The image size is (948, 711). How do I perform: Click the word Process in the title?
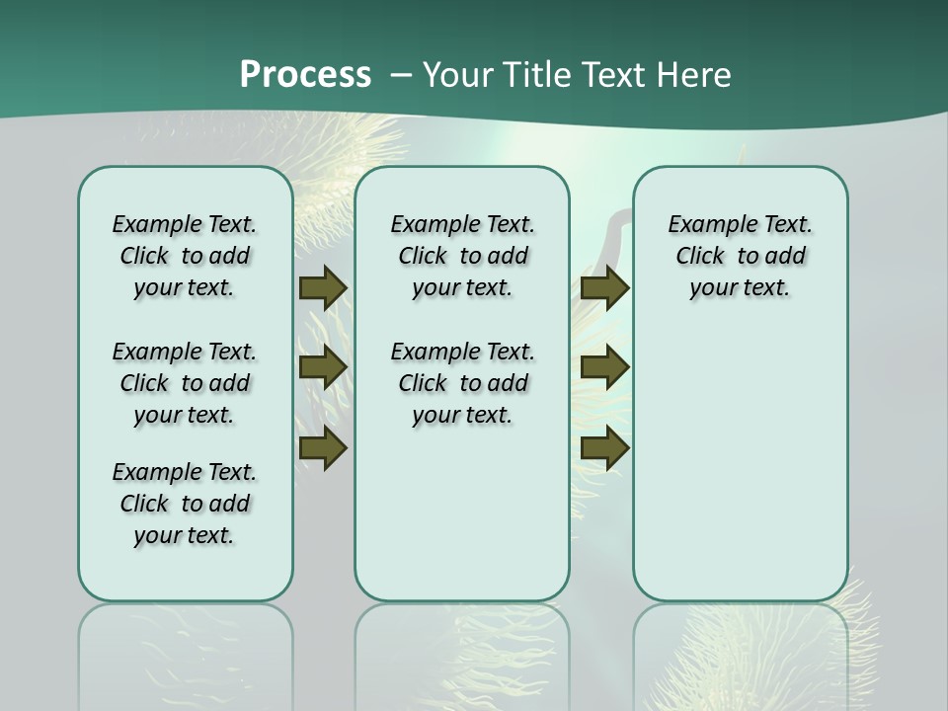[x=305, y=75]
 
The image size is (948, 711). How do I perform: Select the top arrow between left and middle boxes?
[x=322, y=288]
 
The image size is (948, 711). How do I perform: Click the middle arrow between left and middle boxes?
[x=322, y=367]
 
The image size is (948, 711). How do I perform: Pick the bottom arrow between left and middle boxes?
[x=322, y=448]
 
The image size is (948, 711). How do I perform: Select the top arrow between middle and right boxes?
[x=604, y=288]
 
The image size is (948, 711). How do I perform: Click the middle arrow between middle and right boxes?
[x=604, y=367]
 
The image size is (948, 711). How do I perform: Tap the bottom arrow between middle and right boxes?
[x=604, y=448]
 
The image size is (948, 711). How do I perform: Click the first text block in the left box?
[x=185, y=256]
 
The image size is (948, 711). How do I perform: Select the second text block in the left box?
[x=185, y=383]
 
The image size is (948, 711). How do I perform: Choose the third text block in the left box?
[x=185, y=504]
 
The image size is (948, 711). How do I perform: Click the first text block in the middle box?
[x=462, y=256]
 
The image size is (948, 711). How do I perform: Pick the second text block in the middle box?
[x=462, y=383]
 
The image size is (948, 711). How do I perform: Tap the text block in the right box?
[x=740, y=256]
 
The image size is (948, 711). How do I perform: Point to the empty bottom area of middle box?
[x=462, y=513]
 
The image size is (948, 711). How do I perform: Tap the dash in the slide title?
[x=401, y=75]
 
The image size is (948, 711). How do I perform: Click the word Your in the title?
[x=458, y=75]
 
